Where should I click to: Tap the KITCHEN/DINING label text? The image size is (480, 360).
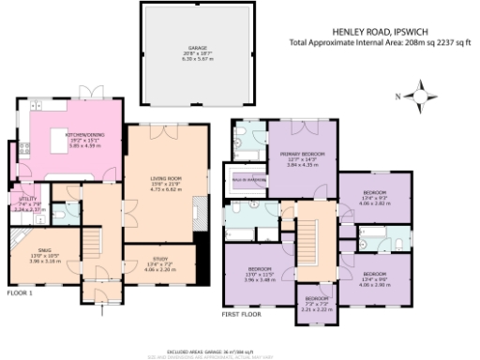click(77, 134)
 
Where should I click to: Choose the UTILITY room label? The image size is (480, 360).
click(25, 199)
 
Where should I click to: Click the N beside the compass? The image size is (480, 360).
click(397, 97)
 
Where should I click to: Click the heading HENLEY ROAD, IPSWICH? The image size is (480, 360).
click(373, 31)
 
